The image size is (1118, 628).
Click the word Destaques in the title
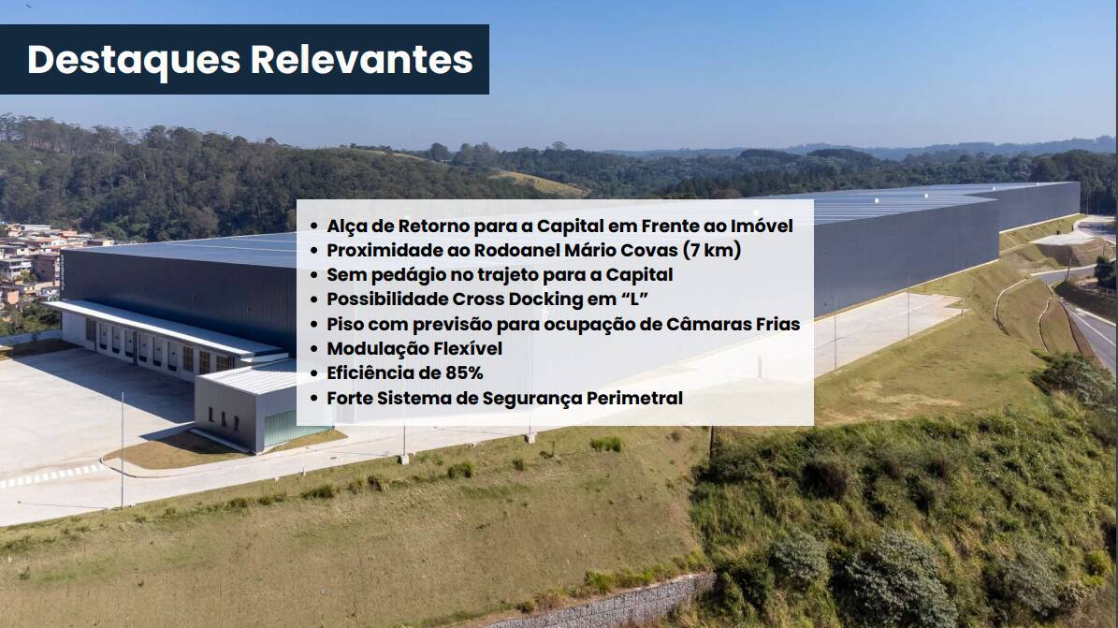coord(134,60)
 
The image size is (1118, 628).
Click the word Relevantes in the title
coord(361,59)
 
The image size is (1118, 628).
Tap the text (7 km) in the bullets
coord(712,251)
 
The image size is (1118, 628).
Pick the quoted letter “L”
coord(634,299)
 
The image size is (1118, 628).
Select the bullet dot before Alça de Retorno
coord(313,226)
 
